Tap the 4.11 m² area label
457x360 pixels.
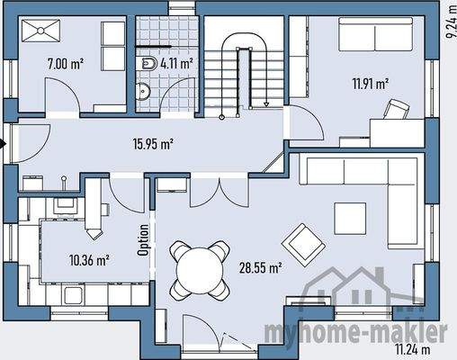click(176, 63)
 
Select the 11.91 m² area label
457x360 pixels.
click(370, 85)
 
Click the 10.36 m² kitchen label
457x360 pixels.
click(89, 260)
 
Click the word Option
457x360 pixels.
click(143, 241)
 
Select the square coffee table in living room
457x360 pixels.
click(349, 217)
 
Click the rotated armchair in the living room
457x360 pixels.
click(301, 240)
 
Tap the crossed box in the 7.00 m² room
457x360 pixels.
click(40, 32)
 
